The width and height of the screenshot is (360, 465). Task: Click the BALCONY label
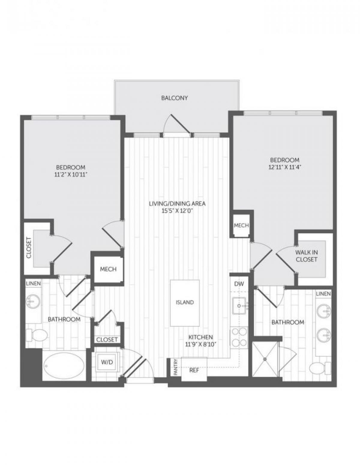(x=174, y=98)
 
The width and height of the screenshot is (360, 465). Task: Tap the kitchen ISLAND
(x=184, y=303)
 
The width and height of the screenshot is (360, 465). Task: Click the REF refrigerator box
(x=194, y=370)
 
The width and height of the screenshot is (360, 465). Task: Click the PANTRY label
(x=176, y=368)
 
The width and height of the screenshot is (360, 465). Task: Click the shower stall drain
(x=265, y=359)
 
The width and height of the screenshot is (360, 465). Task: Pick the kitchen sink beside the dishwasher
(x=239, y=306)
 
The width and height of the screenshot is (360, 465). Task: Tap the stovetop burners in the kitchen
(x=239, y=337)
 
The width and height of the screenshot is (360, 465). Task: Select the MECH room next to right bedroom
(x=241, y=225)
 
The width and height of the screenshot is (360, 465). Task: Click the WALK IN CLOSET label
(x=306, y=256)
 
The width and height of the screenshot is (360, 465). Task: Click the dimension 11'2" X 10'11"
(x=70, y=174)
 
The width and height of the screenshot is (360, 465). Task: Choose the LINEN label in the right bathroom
(x=323, y=294)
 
